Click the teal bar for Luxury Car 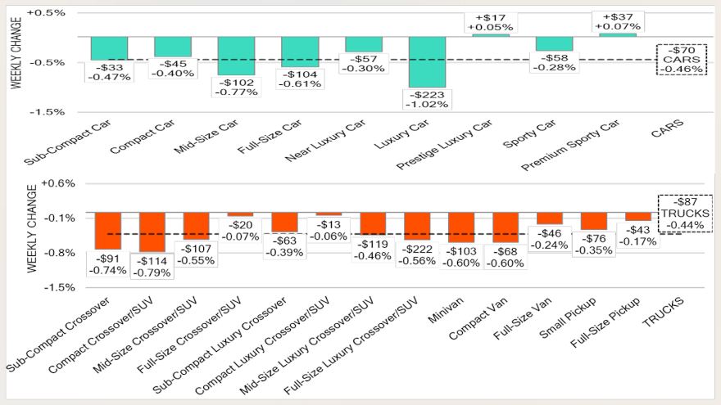427,61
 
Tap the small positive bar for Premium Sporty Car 618,34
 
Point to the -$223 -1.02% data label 427,98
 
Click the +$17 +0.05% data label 490,21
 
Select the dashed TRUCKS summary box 685,214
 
